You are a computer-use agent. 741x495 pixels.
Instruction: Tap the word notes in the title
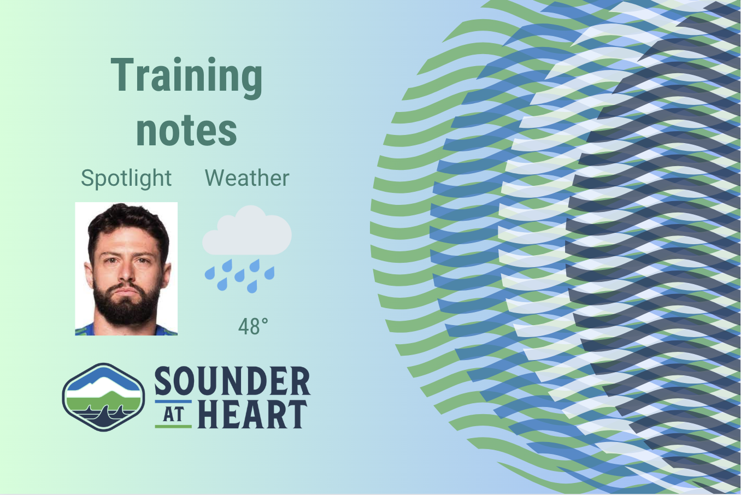click(x=186, y=130)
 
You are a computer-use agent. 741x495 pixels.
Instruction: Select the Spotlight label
click(x=126, y=179)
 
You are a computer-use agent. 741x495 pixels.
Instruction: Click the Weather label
click(x=247, y=178)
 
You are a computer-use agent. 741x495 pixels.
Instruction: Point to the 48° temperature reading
click(x=253, y=326)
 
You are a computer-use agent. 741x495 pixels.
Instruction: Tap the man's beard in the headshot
click(x=126, y=303)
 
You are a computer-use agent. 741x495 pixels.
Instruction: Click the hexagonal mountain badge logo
click(x=103, y=397)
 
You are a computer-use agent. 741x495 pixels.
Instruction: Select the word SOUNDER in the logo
click(x=232, y=381)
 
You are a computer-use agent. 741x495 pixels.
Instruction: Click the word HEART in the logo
click(x=252, y=414)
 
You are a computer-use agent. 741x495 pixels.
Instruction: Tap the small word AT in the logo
click(x=173, y=414)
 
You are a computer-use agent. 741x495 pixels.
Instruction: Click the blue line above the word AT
click(x=173, y=402)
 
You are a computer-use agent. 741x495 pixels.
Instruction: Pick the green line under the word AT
click(x=173, y=426)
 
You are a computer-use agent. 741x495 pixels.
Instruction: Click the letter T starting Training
click(x=122, y=74)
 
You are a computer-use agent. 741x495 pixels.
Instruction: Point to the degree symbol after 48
click(x=264, y=321)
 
